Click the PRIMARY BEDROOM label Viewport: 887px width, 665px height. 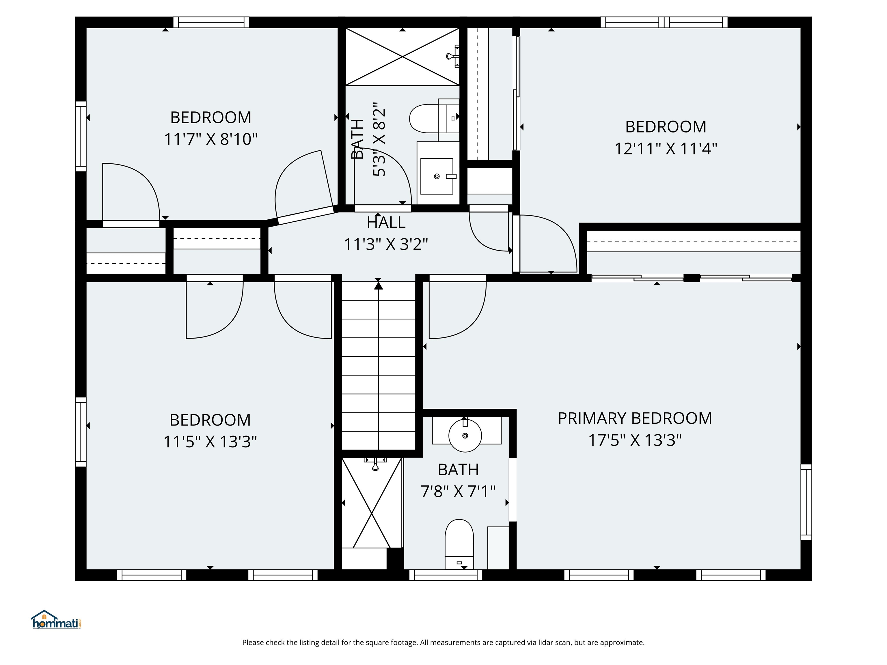[635, 419]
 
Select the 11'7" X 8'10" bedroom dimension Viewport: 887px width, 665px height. [210, 139]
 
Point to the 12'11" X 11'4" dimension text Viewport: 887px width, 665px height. [666, 149]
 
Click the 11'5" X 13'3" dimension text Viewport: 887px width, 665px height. [210, 442]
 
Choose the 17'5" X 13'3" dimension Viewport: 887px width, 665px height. [635, 440]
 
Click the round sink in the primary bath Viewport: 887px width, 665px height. [465, 435]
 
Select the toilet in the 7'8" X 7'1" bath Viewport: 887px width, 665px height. [460, 544]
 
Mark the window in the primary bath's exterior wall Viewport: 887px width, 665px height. [446, 575]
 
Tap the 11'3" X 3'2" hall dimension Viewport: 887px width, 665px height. [386, 244]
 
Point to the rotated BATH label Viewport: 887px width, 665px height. [357, 139]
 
